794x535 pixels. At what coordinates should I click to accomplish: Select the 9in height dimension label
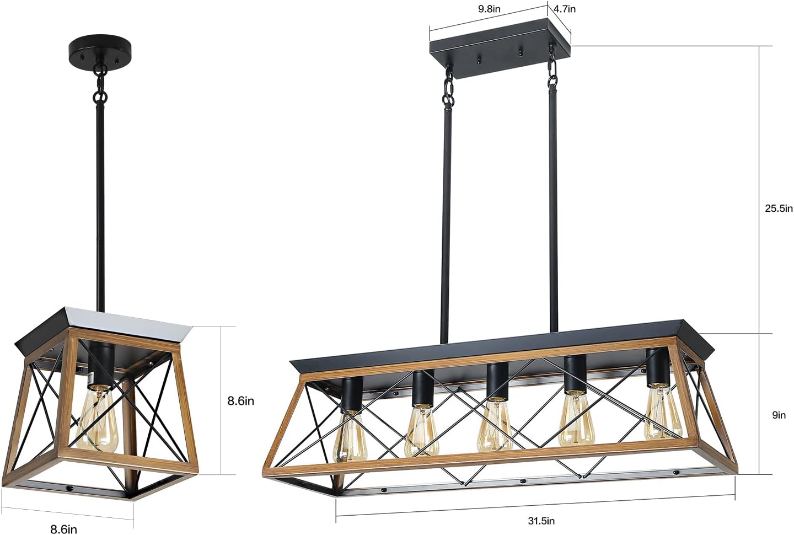pyautogui.click(x=778, y=415)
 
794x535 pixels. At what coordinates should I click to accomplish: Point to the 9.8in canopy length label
pyautogui.click(x=489, y=9)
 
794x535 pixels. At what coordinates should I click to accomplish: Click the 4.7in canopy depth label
pyautogui.click(x=564, y=9)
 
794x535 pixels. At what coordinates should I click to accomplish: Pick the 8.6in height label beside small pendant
pyautogui.click(x=241, y=401)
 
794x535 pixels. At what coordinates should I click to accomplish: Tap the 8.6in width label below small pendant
pyautogui.click(x=63, y=529)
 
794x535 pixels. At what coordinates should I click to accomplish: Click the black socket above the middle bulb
pyautogui.click(x=496, y=381)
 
